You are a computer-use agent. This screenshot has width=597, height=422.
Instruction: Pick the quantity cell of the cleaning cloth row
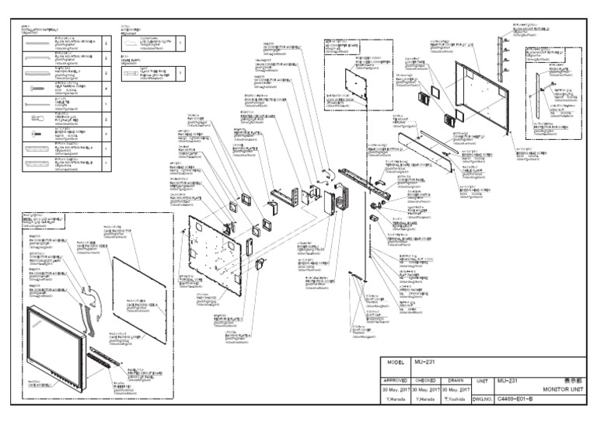pos(180,44)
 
